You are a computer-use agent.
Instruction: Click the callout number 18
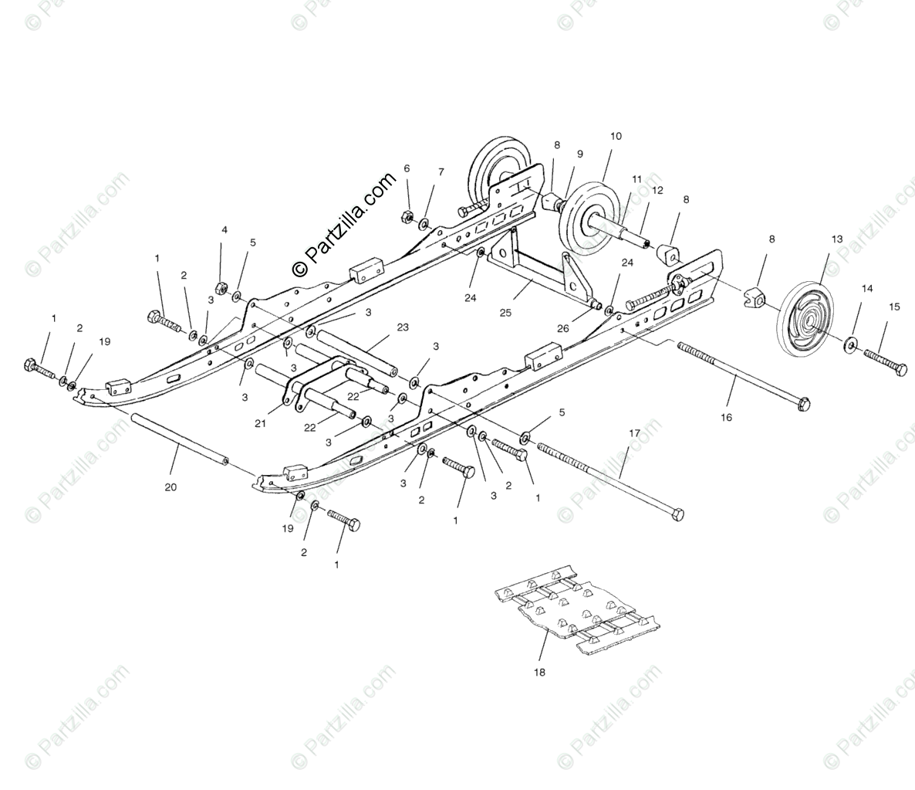539,672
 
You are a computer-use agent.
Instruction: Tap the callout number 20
170,487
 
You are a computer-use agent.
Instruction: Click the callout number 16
726,417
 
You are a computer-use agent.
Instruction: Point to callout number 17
634,433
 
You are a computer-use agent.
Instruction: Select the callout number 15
894,307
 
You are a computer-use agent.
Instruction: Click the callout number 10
637,137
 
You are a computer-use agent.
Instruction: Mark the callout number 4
225,229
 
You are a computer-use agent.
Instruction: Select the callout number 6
407,168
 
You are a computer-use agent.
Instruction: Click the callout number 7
441,171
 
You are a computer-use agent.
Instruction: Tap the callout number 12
657,189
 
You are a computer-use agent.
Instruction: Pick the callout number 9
580,154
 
